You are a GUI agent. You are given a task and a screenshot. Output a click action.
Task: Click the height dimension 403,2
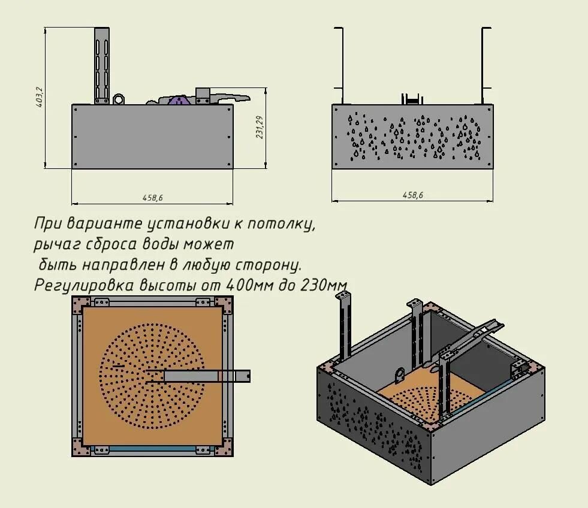[39, 96]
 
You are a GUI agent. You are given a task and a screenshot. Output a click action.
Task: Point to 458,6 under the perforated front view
[412, 195]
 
